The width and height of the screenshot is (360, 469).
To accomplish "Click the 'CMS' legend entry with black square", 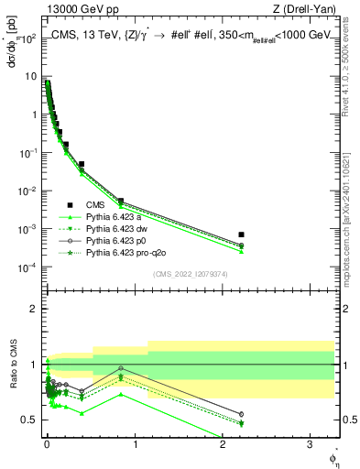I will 95,205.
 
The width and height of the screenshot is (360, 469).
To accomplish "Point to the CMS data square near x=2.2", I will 241,234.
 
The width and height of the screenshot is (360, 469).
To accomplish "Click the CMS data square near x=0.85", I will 121,201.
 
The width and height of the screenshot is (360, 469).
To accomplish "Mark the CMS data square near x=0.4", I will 82,165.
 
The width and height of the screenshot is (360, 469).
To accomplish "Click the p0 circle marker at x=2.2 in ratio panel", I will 241,414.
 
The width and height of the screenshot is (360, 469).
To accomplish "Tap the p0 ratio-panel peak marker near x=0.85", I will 121,368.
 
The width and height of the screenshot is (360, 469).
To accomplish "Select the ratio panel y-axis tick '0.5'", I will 31,420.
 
